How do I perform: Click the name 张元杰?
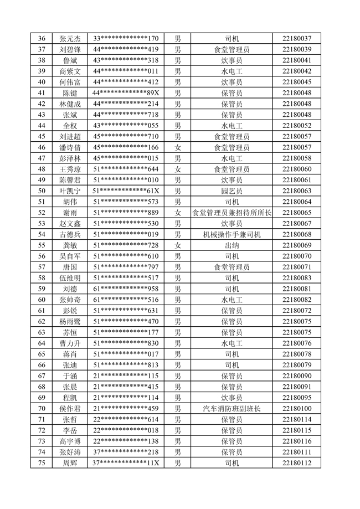pyautogui.click(x=70, y=39)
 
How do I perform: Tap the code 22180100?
pyautogui.click(x=297, y=409)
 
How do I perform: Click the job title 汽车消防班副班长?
pyautogui.click(x=232, y=409)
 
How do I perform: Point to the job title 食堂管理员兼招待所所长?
pyautogui.click(x=232, y=213)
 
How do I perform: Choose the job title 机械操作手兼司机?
pyautogui.click(x=232, y=234)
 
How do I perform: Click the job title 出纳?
pyautogui.click(x=232, y=245)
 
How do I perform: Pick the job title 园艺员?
pyautogui.click(x=232, y=191)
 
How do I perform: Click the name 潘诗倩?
pyautogui.click(x=70, y=147)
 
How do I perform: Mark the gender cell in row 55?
pyautogui.click(x=178, y=245)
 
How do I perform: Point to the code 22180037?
pyautogui.click(x=297, y=39)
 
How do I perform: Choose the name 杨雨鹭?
pyautogui.click(x=70, y=322)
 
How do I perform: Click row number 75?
pyautogui.click(x=42, y=463)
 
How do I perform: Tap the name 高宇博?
pyautogui.click(x=70, y=441)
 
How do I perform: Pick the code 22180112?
pyautogui.click(x=297, y=463)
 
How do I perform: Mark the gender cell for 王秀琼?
pyautogui.click(x=178, y=169)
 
